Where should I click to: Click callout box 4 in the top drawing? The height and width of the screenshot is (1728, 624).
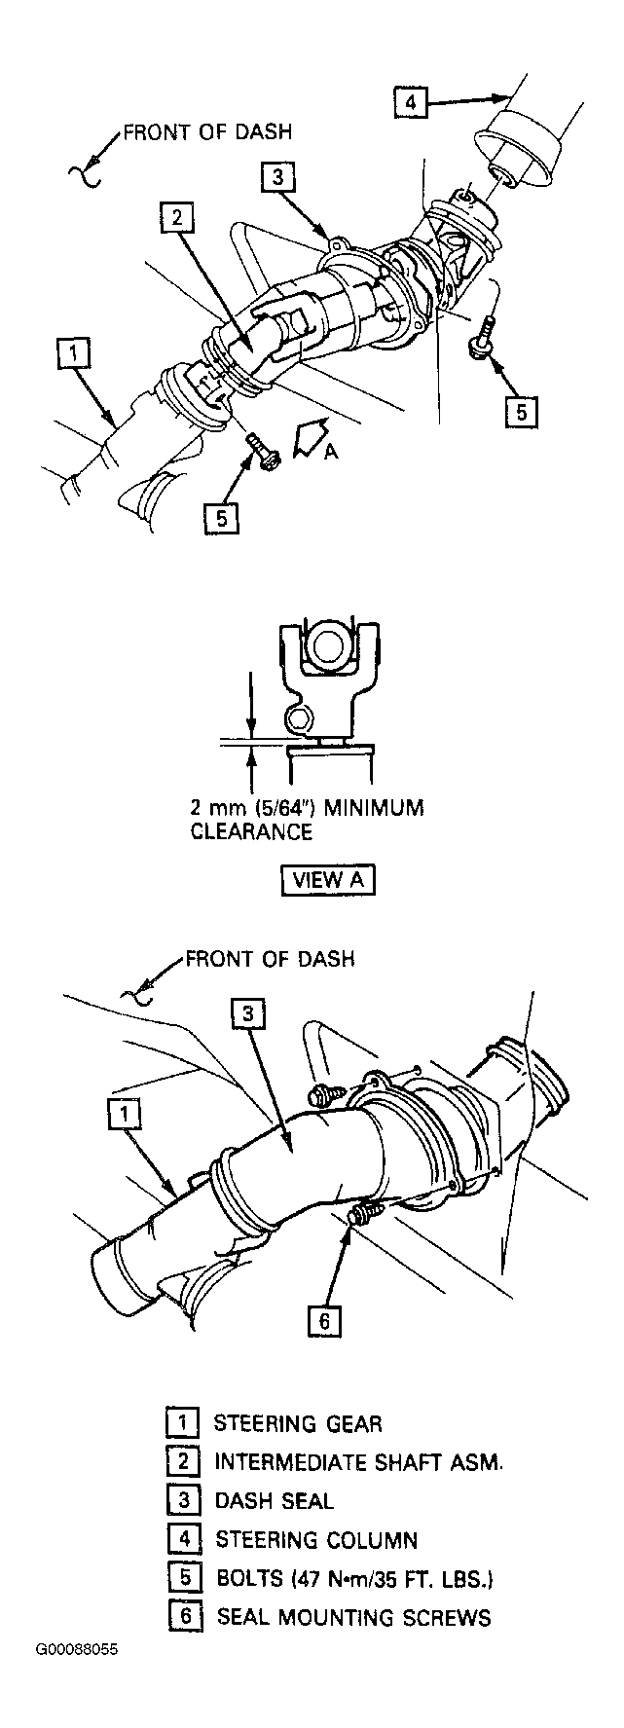pos(411,102)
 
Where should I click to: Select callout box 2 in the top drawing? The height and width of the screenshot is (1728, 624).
pos(175,219)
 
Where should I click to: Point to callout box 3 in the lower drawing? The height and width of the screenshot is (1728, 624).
pos(247,1015)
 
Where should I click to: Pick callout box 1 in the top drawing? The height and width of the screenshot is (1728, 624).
pos(74,352)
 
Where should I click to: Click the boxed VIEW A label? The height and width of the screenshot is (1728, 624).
pos(328,879)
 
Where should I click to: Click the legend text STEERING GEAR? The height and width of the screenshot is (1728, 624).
pos(298,1423)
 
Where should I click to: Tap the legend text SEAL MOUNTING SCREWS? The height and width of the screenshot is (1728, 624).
pos(353,1618)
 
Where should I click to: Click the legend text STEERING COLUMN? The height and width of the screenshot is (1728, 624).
pos(316,1540)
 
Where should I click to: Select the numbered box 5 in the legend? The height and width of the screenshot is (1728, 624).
pos(183,1578)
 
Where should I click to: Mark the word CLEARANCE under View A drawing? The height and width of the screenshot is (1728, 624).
pos(251,831)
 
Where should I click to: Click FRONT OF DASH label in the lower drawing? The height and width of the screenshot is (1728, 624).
pos(270,959)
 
